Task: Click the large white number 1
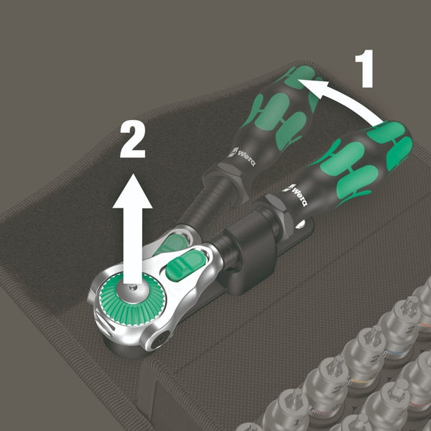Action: pyautogui.click(x=365, y=69)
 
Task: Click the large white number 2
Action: pyautogui.click(x=132, y=139)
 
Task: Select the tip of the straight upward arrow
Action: pyautogui.click(x=132, y=174)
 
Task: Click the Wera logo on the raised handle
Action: pyautogui.click(x=242, y=157)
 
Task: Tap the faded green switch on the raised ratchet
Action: pyautogui.click(x=171, y=244)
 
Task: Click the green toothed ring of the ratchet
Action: pyautogui.click(x=132, y=300)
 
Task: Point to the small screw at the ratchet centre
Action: pyautogui.click(x=134, y=287)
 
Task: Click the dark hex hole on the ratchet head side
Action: pyautogui.click(x=159, y=340)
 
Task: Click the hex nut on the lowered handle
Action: pyautogui.click(x=277, y=213)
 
